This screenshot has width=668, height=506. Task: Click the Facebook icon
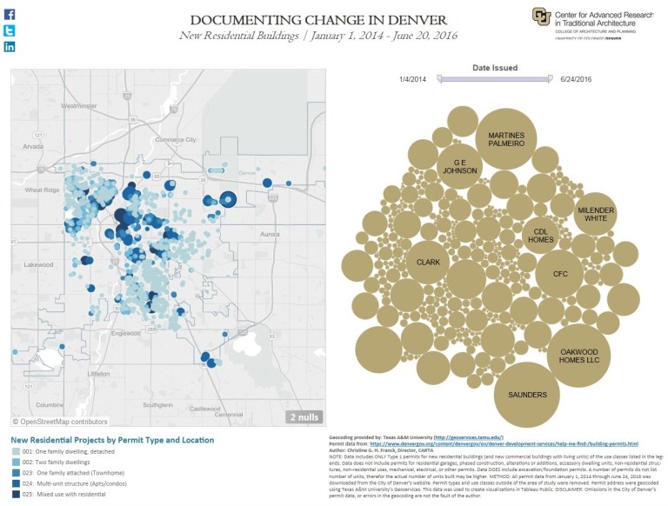click(10, 14)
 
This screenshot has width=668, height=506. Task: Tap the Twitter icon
click(10, 30)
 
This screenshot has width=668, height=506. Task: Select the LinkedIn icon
click(10, 46)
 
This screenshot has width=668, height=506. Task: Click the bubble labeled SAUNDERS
click(527, 395)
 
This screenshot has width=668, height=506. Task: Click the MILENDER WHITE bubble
click(595, 213)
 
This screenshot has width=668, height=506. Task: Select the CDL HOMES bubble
click(540, 234)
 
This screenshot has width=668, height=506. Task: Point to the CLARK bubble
click(428, 261)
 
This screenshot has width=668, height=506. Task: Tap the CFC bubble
click(560, 274)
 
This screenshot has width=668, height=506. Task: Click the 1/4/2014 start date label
click(414, 79)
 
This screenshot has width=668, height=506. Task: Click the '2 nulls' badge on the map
click(305, 417)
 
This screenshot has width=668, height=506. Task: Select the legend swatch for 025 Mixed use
click(17, 494)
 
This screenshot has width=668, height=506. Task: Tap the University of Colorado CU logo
click(541, 17)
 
